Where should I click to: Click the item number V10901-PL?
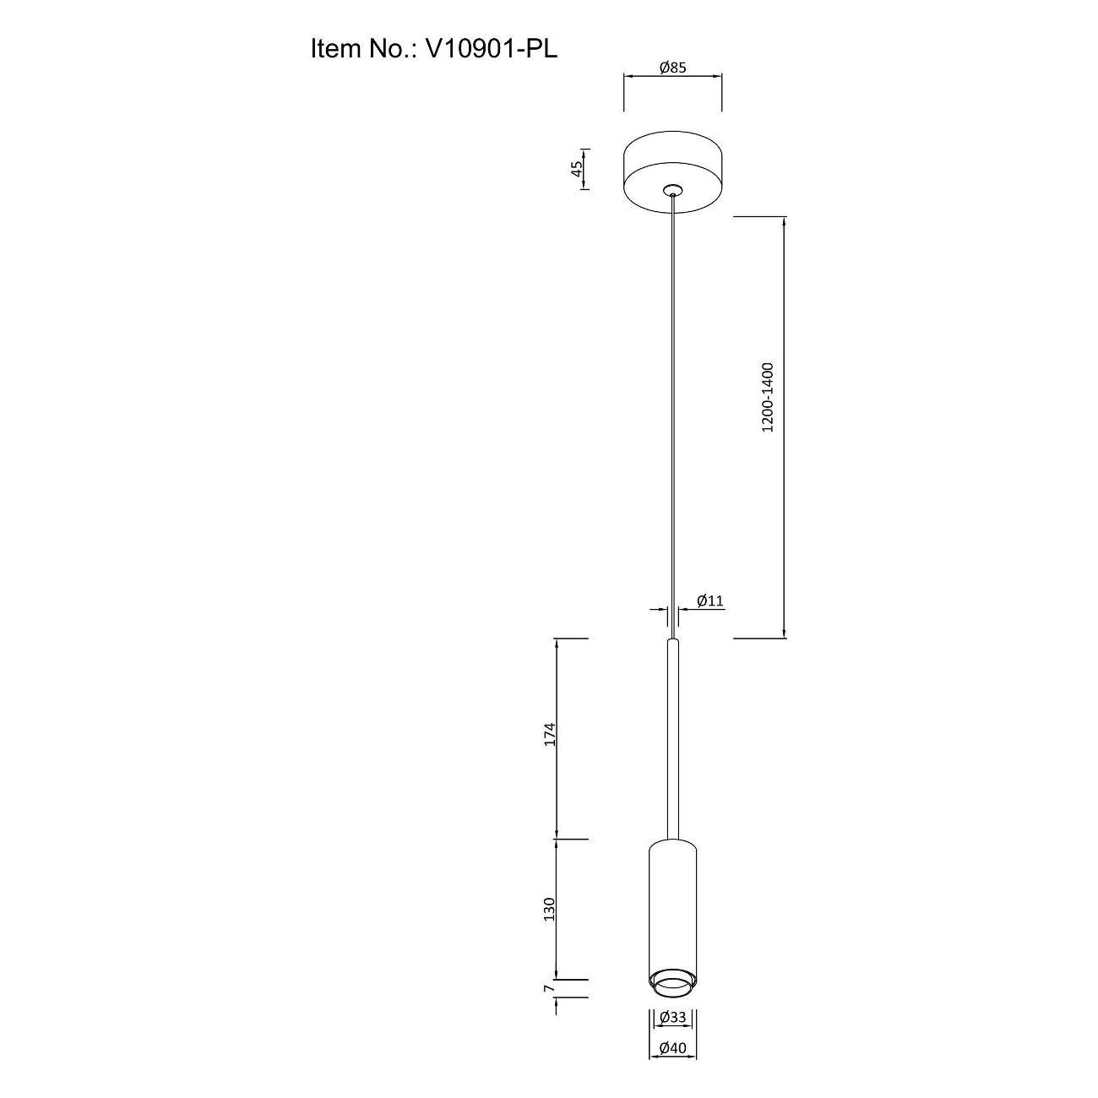pyautogui.click(x=492, y=49)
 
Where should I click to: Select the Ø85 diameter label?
pyautogui.click(x=673, y=68)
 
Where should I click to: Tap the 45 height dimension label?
pyautogui.click(x=577, y=169)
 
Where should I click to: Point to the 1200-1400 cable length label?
pyautogui.click(x=768, y=397)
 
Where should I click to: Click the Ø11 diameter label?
pyautogui.click(x=710, y=600)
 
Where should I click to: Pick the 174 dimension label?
pyautogui.click(x=550, y=735)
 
